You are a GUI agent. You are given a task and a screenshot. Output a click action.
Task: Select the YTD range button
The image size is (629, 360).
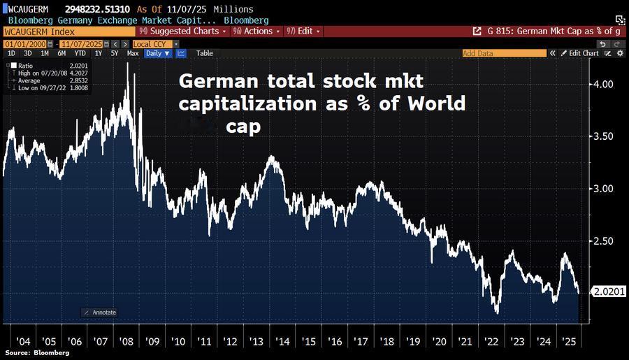80,53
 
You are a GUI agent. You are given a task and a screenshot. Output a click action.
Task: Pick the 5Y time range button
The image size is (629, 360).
115,53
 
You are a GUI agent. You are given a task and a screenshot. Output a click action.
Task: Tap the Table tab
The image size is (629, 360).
205,53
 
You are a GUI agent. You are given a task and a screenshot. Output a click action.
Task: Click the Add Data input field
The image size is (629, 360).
503,53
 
